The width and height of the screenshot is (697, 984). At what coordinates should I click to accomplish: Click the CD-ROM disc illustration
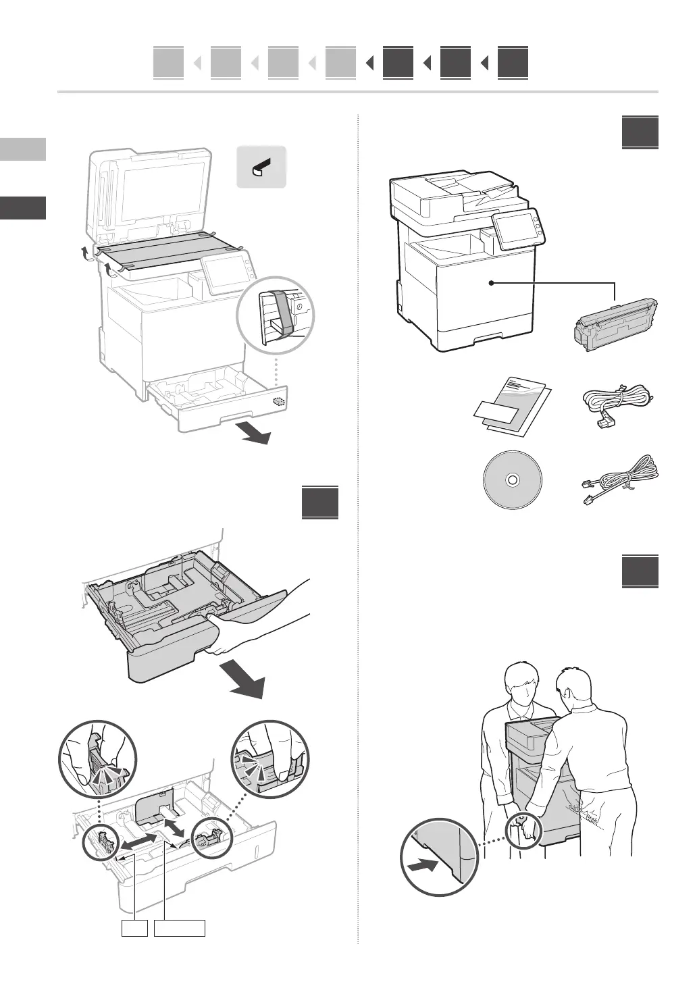[512, 480]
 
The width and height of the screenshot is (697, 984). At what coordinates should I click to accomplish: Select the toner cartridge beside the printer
[613, 327]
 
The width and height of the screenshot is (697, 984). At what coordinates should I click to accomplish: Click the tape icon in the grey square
[261, 166]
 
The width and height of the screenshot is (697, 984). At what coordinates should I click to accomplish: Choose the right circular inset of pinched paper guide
[269, 759]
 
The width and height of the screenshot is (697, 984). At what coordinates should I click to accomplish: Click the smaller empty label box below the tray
[134, 927]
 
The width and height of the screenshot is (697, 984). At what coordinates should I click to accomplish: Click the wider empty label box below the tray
[179, 927]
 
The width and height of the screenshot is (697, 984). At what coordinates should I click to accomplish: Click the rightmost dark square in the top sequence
[513, 63]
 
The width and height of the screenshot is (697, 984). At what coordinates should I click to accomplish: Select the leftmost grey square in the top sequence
[168, 63]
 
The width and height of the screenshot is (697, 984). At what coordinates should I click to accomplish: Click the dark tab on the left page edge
[23, 207]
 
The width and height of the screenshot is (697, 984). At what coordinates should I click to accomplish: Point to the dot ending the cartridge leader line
[492, 283]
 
